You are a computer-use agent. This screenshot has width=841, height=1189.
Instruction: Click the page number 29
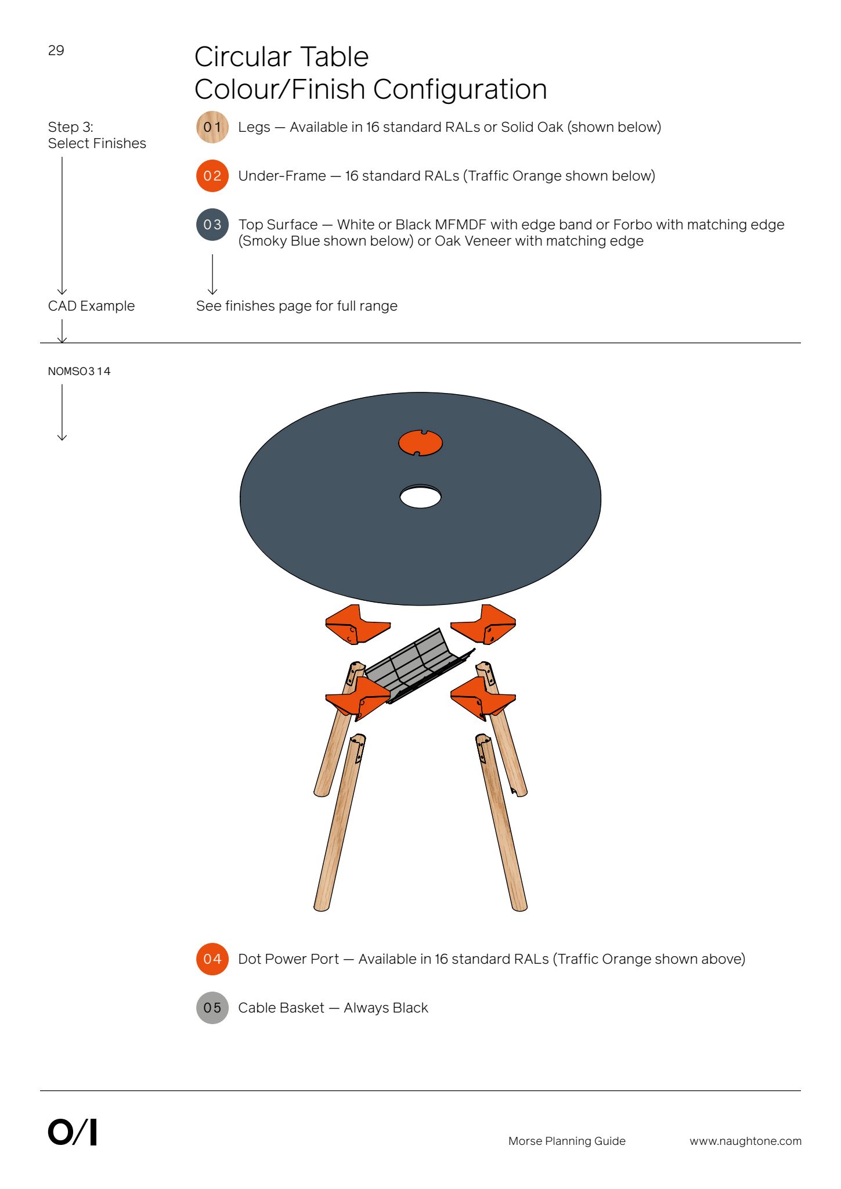(x=56, y=51)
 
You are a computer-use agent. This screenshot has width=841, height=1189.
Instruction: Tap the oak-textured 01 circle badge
(x=212, y=127)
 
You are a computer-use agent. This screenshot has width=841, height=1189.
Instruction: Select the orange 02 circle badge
(x=212, y=176)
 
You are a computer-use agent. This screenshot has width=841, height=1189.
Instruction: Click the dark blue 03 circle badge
(x=212, y=225)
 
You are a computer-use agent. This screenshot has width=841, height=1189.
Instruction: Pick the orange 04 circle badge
(x=212, y=959)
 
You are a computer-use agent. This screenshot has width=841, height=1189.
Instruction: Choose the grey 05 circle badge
(x=212, y=1008)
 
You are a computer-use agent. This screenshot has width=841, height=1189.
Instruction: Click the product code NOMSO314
(x=79, y=371)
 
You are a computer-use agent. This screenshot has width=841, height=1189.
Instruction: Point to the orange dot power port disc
(x=420, y=443)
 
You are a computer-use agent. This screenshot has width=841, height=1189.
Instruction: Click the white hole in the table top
(x=420, y=497)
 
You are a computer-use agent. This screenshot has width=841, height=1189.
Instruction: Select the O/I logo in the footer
(x=72, y=1132)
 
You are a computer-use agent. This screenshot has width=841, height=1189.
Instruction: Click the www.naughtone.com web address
(x=745, y=1141)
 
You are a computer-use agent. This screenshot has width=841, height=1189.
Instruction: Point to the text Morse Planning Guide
(x=567, y=1141)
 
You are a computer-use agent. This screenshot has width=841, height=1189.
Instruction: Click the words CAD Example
(x=91, y=306)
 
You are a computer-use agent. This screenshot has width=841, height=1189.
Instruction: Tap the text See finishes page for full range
(x=297, y=306)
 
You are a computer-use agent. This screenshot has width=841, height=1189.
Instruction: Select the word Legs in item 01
(x=254, y=127)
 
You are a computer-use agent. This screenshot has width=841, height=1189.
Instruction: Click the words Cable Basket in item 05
(x=281, y=1008)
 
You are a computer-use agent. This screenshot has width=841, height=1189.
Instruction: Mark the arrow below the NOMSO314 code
(x=62, y=412)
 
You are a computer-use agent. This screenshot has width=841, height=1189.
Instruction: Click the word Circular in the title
(x=240, y=57)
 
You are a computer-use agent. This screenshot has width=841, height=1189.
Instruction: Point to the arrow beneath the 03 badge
(x=212, y=275)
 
